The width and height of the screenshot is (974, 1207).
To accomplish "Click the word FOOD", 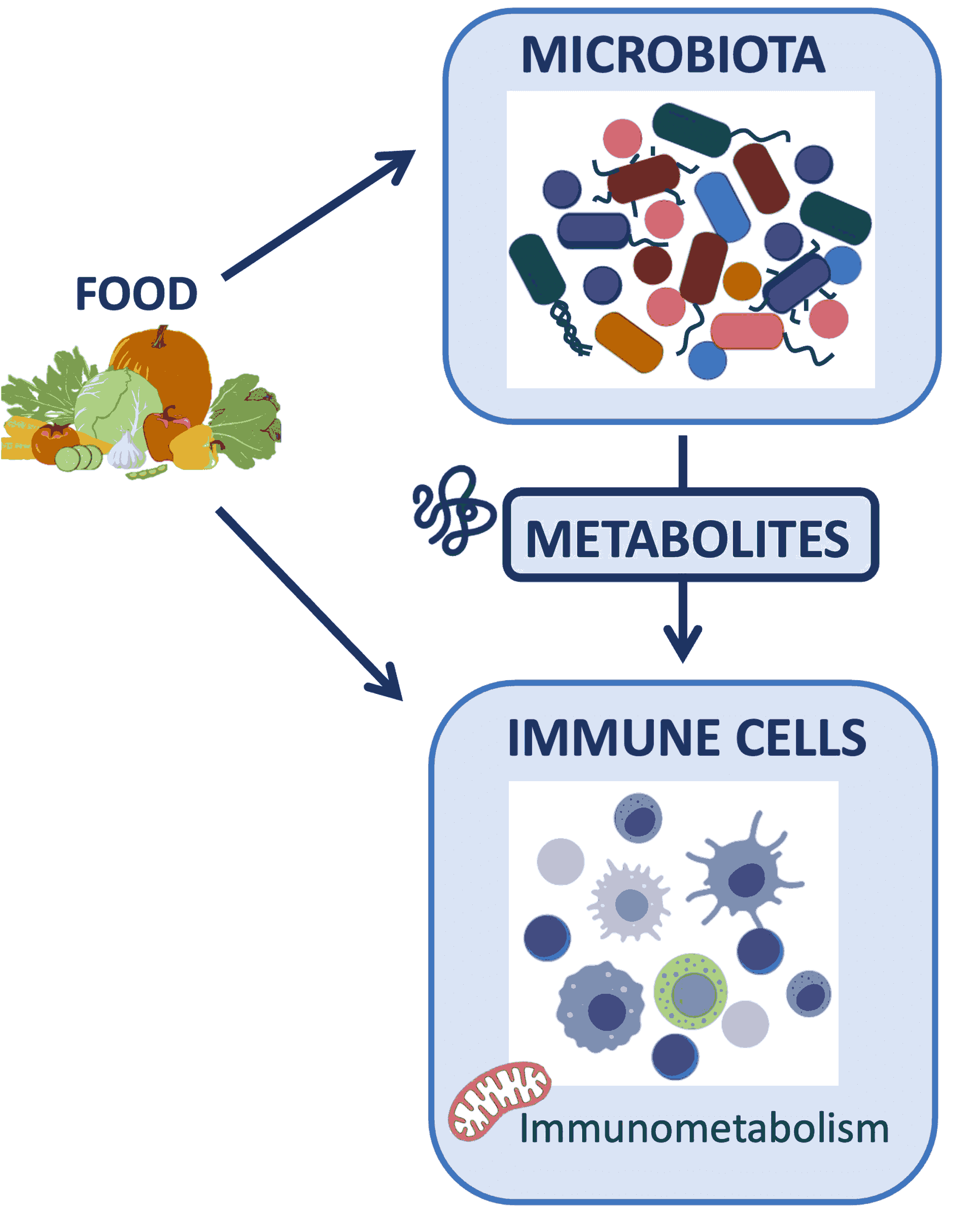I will [x=136, y=293].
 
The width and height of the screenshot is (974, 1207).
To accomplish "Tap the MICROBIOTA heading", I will [x=673, y=55].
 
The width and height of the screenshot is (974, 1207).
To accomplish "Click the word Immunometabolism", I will [x=704, y=1128].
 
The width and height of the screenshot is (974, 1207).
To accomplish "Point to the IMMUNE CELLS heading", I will [x=687, y=737].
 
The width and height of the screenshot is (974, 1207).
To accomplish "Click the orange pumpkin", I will [x=168, y=371].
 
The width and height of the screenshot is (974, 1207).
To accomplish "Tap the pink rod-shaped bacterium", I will [x=747, y=331].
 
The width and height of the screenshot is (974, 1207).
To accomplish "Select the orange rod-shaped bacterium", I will [x=629, y=342].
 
